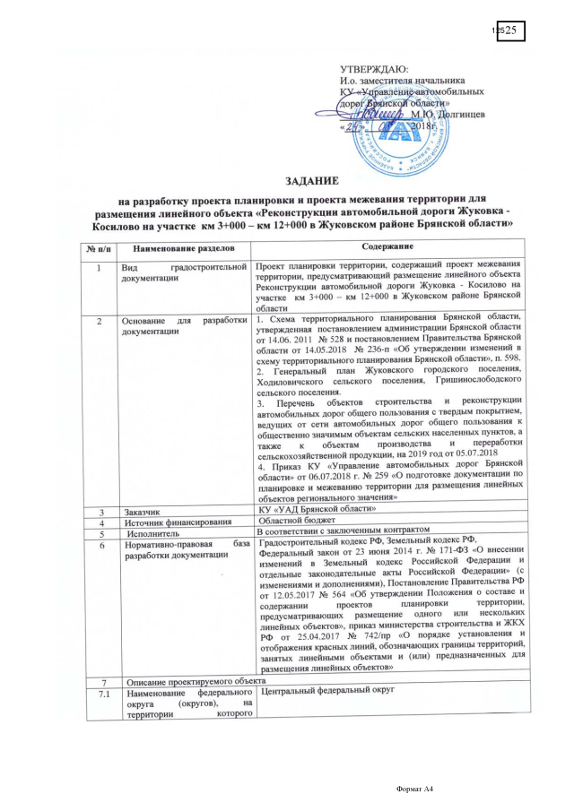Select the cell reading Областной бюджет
click(x=297, y=520)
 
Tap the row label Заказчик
click(x=148, y=509)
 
